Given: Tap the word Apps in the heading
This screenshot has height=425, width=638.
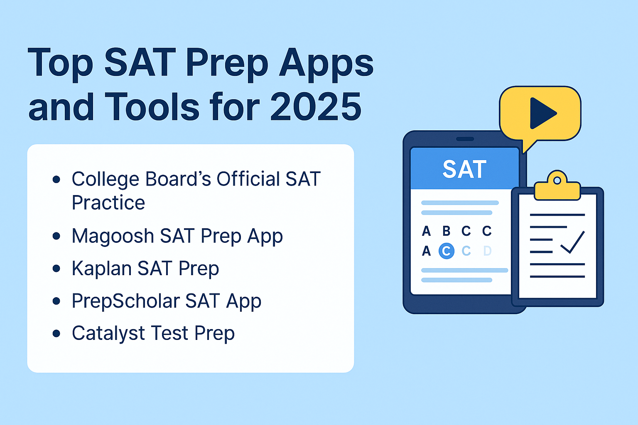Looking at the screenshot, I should click(326, 63).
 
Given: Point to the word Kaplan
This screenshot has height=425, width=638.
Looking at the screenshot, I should click(101, 269).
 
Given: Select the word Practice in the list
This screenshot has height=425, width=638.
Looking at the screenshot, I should click(108, 203).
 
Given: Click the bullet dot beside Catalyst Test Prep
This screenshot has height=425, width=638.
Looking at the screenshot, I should click(56, 333).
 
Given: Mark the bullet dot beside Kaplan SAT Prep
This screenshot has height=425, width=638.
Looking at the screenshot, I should click(56, 269).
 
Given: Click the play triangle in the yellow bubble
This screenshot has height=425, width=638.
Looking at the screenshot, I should click(542, 113).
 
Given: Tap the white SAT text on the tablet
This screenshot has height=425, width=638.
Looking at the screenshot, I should click(464, 169).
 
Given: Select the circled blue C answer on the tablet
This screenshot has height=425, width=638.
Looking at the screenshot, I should click(447, 251).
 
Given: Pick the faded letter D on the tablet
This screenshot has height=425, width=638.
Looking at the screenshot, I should click(487, 251).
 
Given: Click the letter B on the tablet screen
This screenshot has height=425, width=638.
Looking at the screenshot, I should click(447, 231).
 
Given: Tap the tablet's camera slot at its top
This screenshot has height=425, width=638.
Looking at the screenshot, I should click(465, 139).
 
